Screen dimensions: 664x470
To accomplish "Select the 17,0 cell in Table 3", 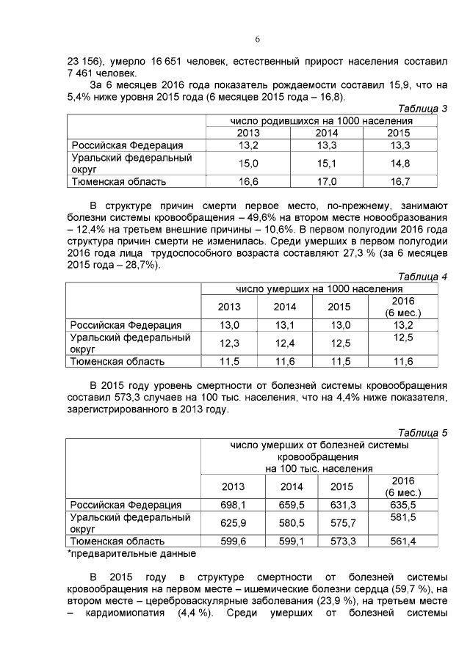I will (326, 181).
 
